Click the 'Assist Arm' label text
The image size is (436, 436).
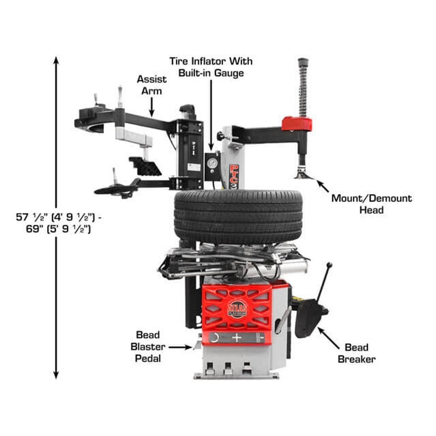(x=152, y=85)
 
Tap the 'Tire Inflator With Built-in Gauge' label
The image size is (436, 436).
(x=211, y=67)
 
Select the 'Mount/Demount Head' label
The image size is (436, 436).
(x=372, y=204)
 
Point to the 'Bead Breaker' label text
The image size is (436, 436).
(x=357, y=353)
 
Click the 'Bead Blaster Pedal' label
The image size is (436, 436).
(x=148, y=347)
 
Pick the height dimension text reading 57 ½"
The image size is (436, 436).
(x=32, y=217)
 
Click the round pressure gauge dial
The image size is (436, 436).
(x=212, y=163)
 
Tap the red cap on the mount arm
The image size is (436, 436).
(x=297, y=124)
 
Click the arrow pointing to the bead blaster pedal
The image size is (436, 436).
(x=180, y=347)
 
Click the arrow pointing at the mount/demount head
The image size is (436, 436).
(x=323, y=187)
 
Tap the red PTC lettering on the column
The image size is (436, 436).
(x=234, y=174)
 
